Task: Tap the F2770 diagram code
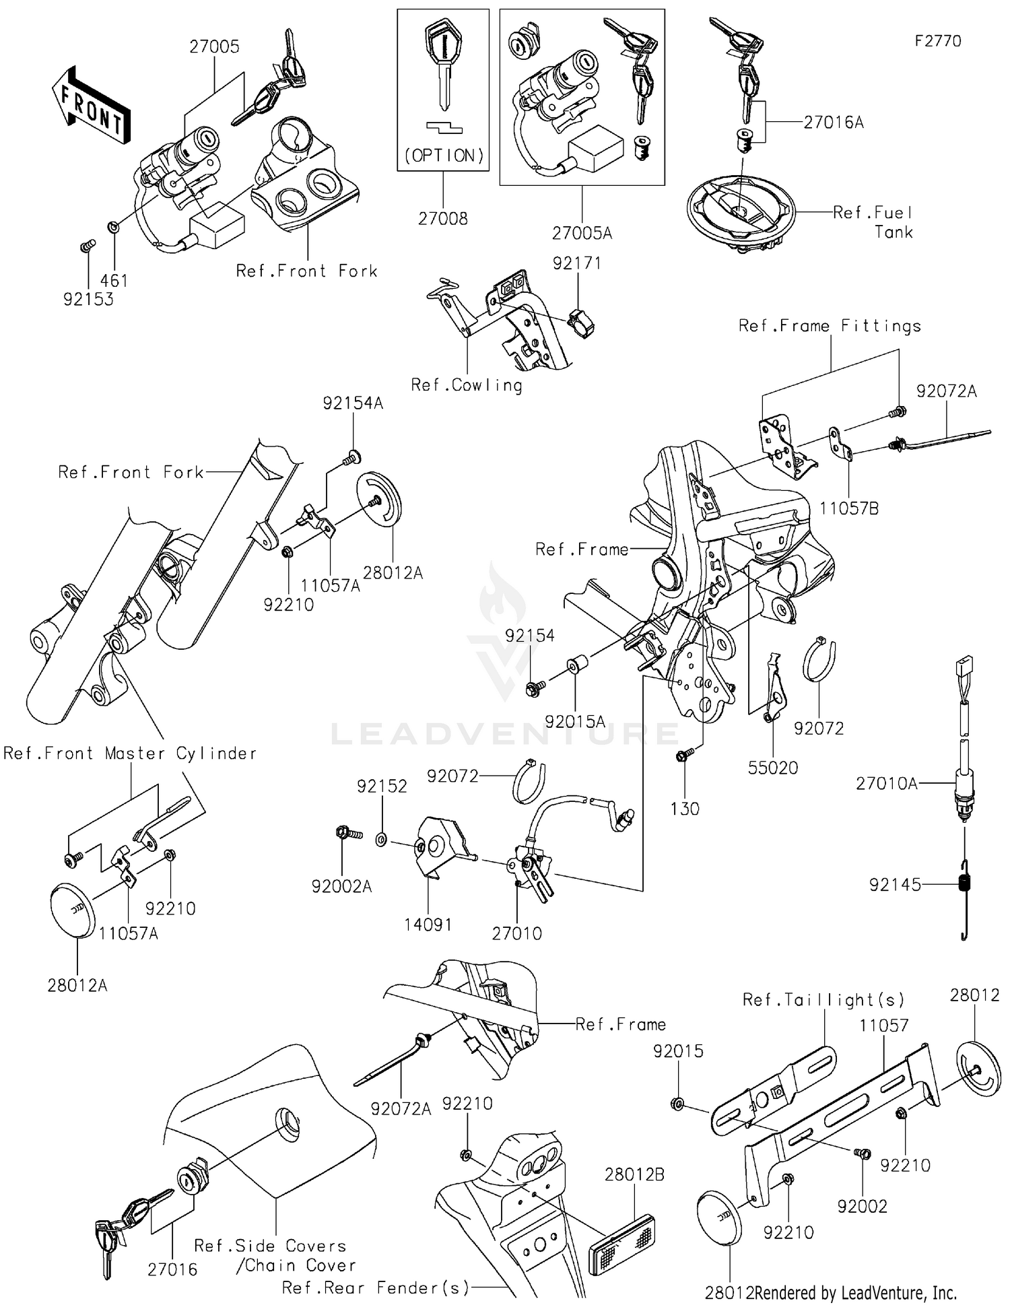click(x=937, y=41)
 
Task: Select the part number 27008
click(x=442, y=219)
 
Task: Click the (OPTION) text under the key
click(x=444, y=156)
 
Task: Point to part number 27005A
click(x=582, y=234)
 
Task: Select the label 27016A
click(x=833, y=123)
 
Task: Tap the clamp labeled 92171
click(x=581, y=322)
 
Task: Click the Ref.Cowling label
click(x=466, y=385)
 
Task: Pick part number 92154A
click(x=353, y=403)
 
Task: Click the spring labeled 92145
click(x=965, y=883)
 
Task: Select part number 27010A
click(x=886, y=784)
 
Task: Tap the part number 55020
click(x=772, y=768)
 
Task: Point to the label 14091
click(x=428, y=925)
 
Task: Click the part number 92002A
click(x=341, y=887)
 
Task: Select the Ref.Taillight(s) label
click(x=823, y=1000)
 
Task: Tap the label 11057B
click(x=848, y=509)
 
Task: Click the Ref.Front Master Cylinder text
click(x=130, y=754)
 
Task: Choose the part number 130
click(x=684, y=809)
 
